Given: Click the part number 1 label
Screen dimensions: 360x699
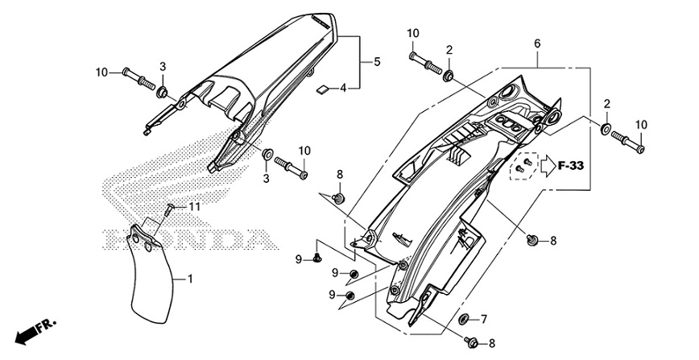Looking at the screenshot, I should pos(190,279).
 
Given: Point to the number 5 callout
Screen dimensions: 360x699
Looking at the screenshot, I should pos(375,61).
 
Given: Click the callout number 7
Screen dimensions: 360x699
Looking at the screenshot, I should pos(484,320).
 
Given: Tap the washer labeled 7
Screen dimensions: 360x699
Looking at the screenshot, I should pos(465,320).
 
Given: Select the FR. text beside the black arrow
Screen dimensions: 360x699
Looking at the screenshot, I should pos(48,324).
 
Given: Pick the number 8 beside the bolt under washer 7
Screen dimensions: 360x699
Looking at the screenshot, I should pos(493,344).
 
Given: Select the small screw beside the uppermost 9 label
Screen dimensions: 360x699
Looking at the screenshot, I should pos(317,259).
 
